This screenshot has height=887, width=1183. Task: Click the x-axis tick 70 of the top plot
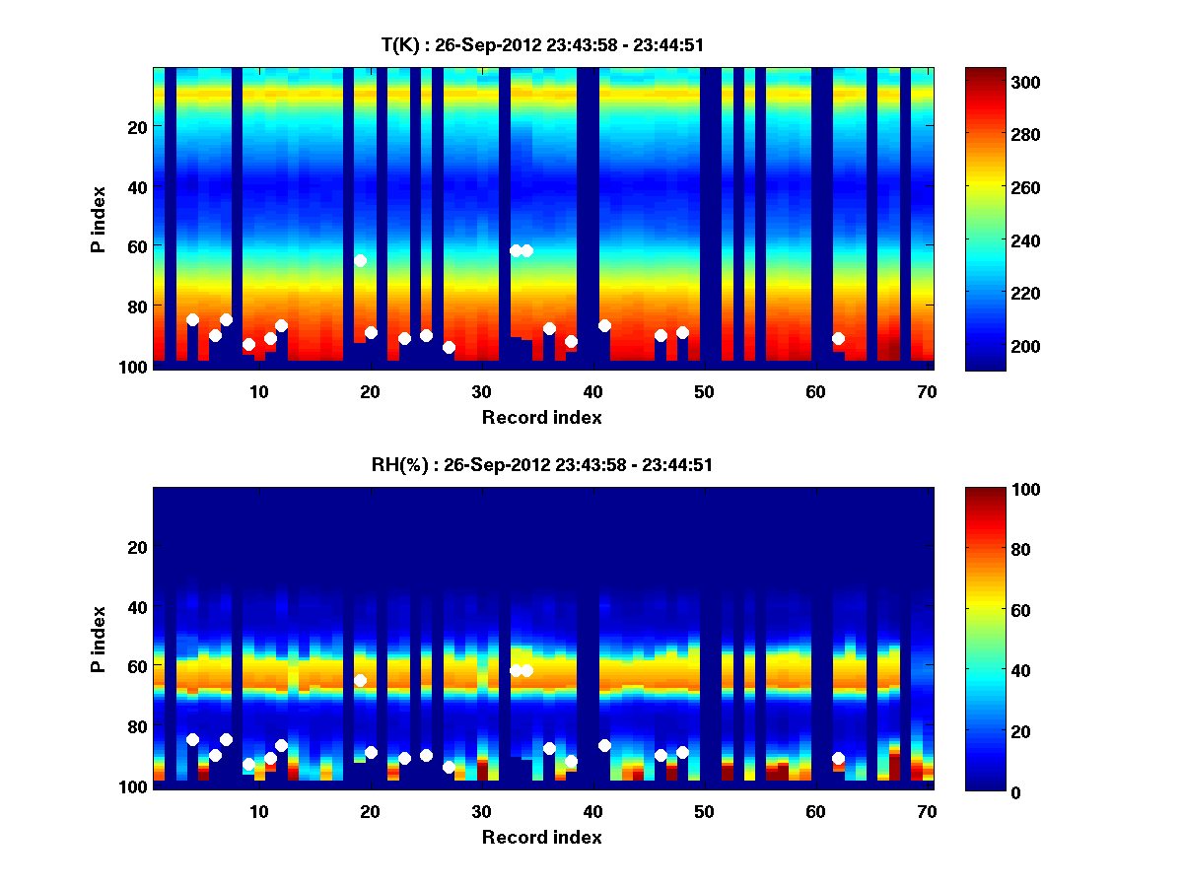coord(926,391)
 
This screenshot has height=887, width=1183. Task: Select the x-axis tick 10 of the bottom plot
coord(258,811)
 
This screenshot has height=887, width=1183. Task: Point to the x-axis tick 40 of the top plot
coord(592,391)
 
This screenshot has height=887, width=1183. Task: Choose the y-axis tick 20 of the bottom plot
coord(137,547)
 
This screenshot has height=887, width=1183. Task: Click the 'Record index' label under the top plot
coord(541,417)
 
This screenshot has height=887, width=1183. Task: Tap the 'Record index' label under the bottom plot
coord(541,837)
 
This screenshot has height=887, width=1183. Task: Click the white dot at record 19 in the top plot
coord(360,260)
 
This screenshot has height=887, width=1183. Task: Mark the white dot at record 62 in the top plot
coord(838,338)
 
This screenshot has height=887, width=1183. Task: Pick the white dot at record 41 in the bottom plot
coord(604,745)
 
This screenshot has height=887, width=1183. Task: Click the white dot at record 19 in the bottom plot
coord(360,680)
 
